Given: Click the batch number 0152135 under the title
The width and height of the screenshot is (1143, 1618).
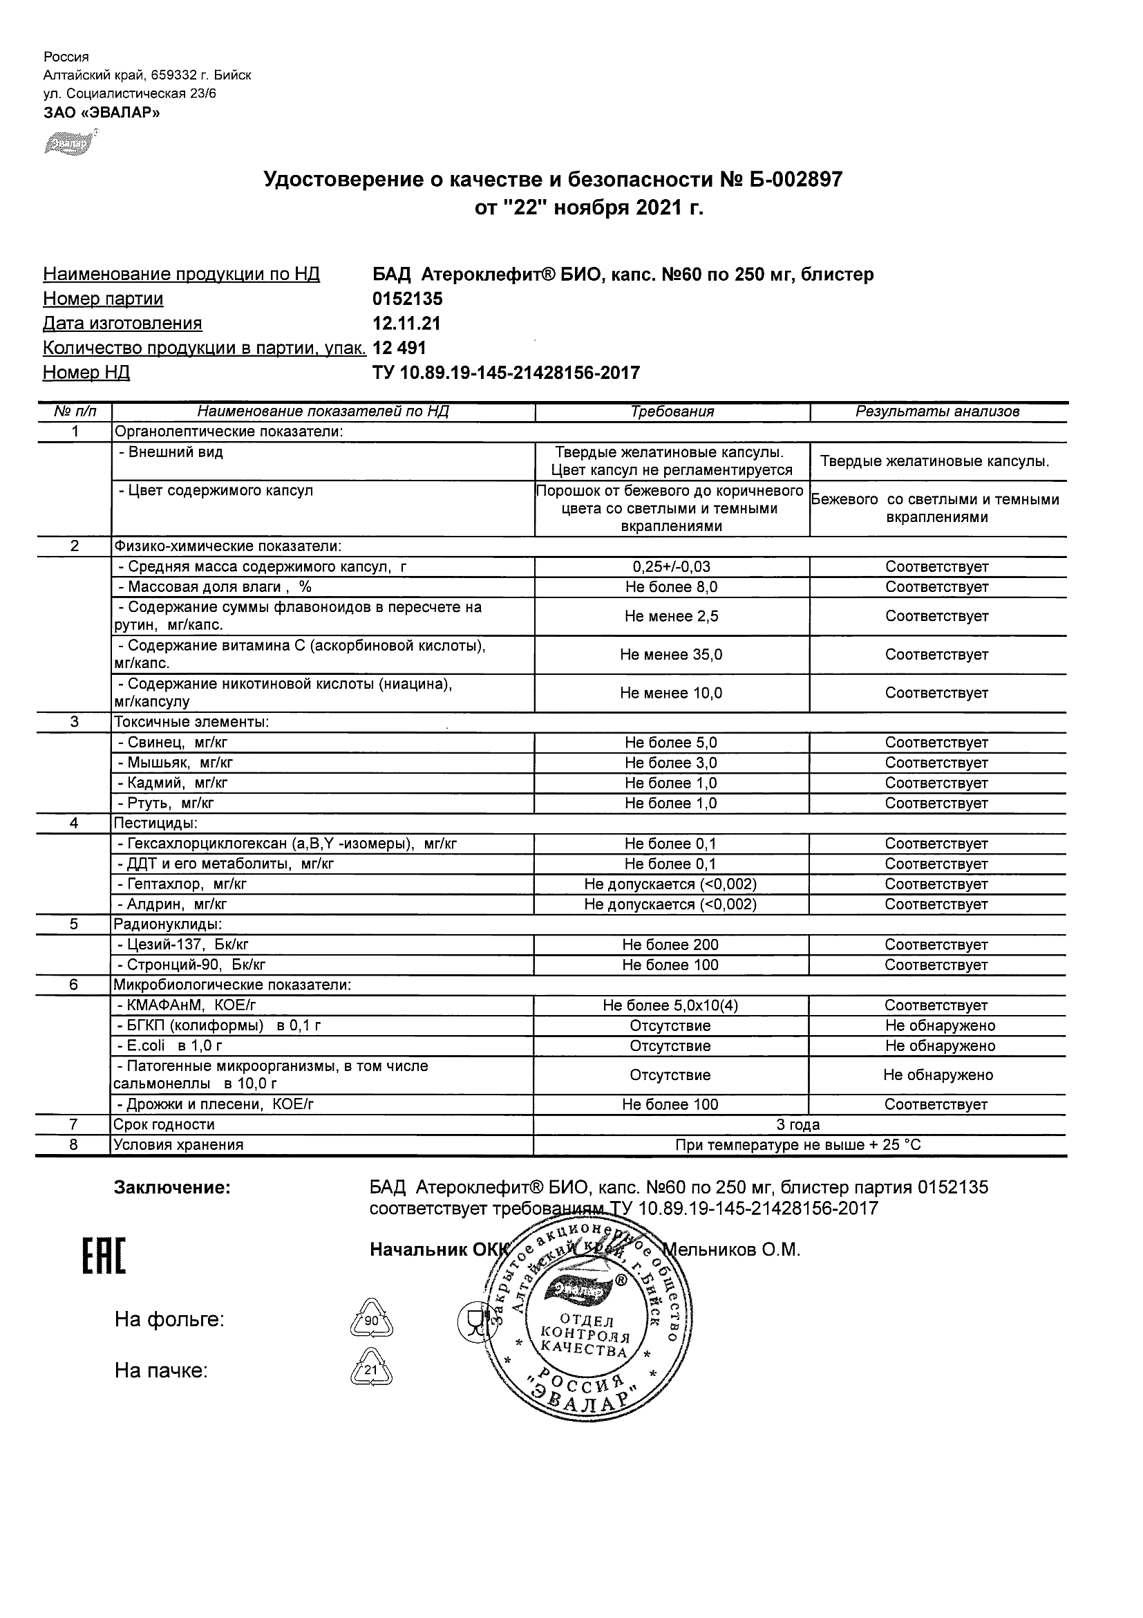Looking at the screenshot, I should point(407,299).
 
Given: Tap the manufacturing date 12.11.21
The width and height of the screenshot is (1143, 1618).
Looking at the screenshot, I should point(406,324).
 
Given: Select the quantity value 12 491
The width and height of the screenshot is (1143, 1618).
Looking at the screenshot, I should point(399,348).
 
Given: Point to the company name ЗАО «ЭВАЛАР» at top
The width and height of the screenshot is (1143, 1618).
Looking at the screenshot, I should point(102,113).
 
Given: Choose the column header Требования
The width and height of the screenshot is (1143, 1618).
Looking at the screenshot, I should point(672,412).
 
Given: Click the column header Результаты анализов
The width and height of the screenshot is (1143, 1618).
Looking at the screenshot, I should point(937,412).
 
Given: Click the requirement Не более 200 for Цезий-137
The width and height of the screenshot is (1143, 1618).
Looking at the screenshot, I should point(670,945).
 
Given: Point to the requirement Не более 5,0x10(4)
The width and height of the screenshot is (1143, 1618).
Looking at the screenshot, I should point(670,1005).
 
